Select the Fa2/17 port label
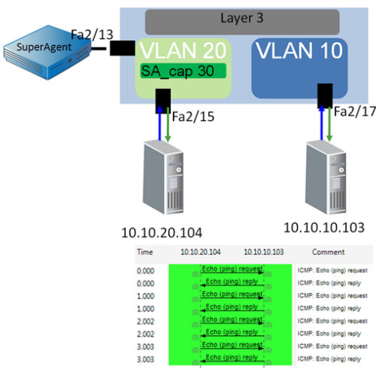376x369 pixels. click(352, 112)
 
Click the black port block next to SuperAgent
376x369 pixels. click(121, 48)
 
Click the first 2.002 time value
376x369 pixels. click(145, 320)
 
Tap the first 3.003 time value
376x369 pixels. click(145, 346)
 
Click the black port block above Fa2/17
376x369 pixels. click(325, 96)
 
